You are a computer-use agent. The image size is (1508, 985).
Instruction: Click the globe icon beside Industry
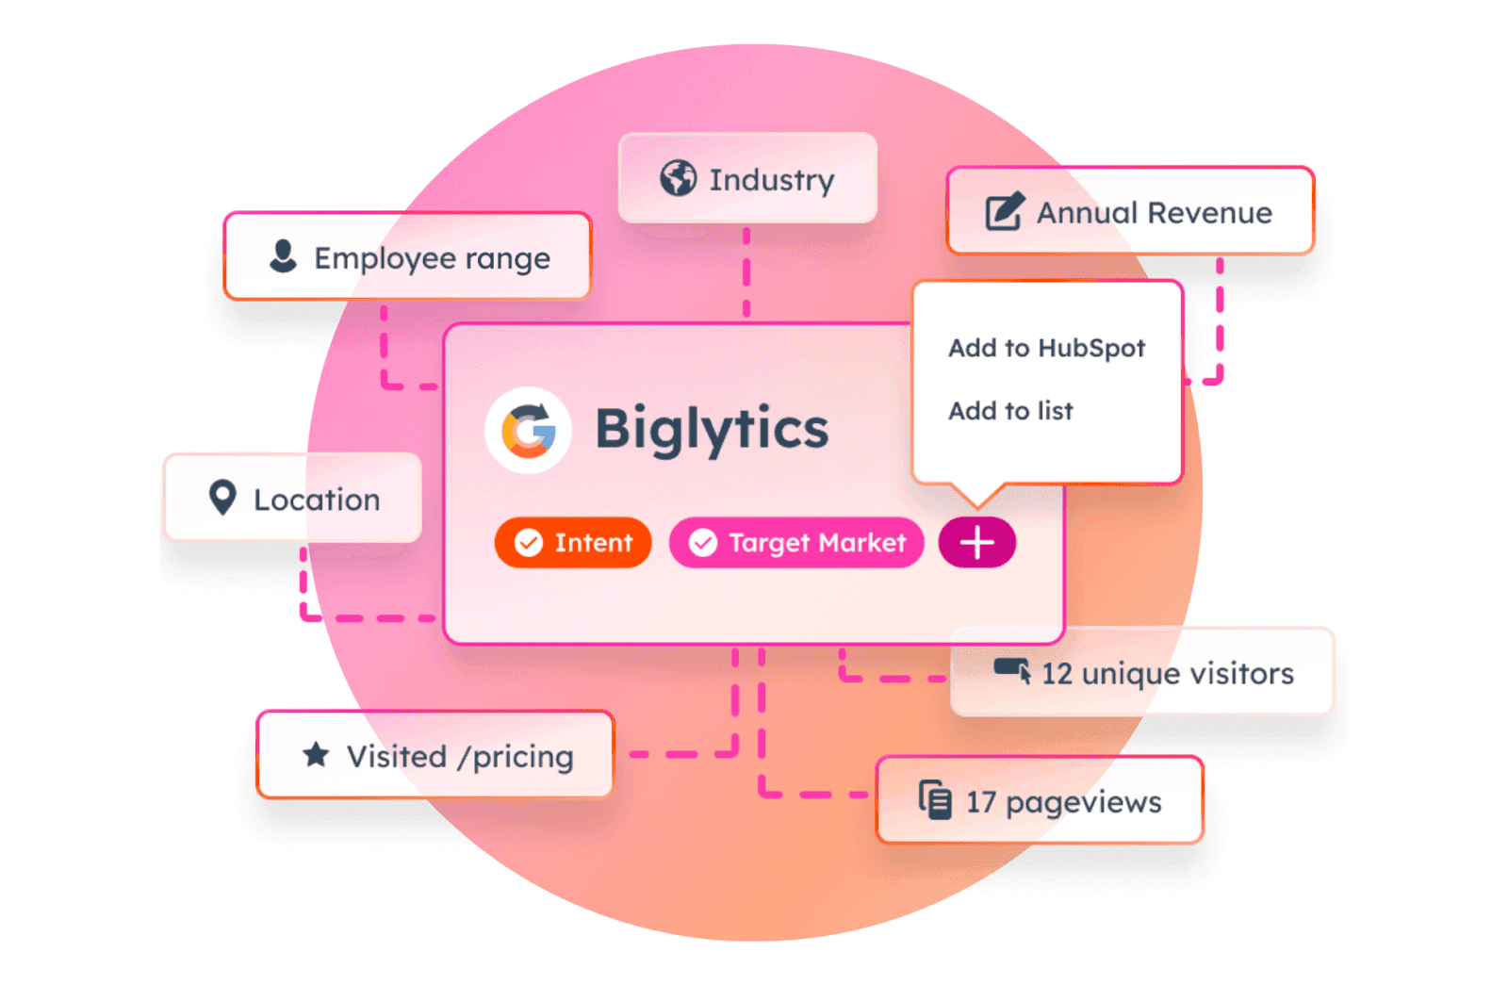(x=678, y=177)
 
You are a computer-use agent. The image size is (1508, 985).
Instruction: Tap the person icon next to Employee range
(x=283, y=255)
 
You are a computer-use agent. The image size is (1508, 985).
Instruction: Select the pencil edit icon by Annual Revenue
(x=1005, y=211)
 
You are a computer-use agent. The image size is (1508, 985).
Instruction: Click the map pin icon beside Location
(x=222, y=498)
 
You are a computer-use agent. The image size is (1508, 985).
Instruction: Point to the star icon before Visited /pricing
(x=316, y=754)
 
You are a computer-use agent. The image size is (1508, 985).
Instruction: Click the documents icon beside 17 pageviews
(x=935, y=800)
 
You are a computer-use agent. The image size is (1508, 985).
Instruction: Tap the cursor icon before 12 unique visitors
(x=1013, y=670)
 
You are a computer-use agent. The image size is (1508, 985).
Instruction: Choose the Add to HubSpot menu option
(x=1046, y=348)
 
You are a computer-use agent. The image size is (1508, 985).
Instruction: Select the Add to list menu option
(x=1010, y=411)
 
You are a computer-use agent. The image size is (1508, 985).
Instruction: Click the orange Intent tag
(x=573, y=543)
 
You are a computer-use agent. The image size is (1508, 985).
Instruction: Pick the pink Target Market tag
(x=796, y=543)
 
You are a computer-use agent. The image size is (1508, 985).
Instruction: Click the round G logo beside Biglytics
(x=528, y=430)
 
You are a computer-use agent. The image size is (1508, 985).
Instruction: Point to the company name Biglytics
(x=712, y=429)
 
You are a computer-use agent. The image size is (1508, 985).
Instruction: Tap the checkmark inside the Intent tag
(x=529, y=543)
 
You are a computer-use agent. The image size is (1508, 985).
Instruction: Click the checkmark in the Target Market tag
(x=703, y=543)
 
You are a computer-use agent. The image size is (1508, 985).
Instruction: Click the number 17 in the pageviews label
(x=981, y=802)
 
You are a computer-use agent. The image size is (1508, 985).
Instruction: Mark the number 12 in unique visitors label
(x=1057, y=674)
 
